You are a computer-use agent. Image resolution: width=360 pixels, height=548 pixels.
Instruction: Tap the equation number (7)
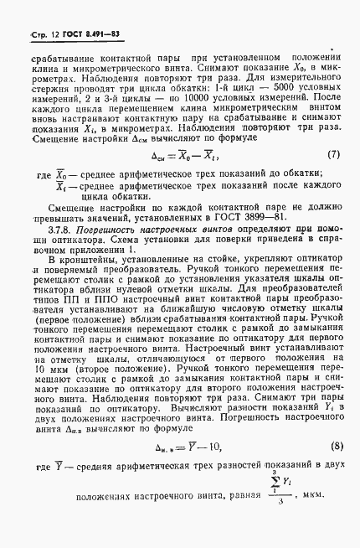(332, 154)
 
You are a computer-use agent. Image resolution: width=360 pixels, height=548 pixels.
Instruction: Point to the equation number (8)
(332, 471)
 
